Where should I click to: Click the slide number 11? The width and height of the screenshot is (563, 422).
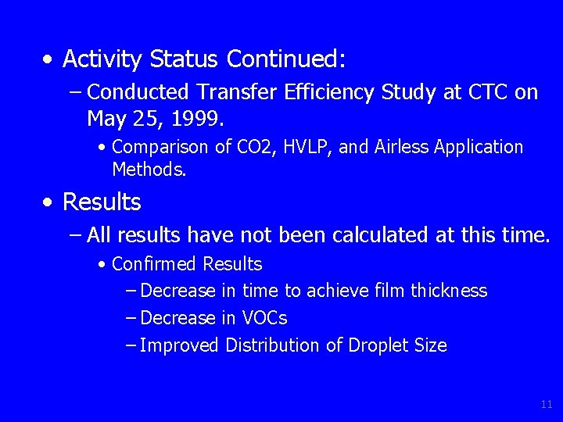[546, 404]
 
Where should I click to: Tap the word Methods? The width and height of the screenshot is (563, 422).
[149, 168]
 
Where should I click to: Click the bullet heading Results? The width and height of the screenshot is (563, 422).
[101, 202]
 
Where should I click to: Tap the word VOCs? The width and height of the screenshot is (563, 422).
[264, 318]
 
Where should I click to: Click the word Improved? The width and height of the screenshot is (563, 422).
[180, 345]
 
